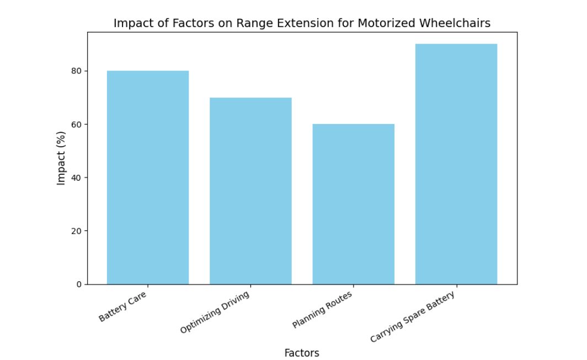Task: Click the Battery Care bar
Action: click(147, 178)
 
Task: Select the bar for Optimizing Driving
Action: click(250, 191)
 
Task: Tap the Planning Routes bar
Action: click(353, 204)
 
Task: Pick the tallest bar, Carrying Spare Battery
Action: click(456, 164)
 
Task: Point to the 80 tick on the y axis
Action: click(76, 71)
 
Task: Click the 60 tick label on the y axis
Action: click(76, 125)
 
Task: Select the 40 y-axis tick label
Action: click(76, 178)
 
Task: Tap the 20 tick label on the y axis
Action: click(76, 231)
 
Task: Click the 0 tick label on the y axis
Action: click(78, 284)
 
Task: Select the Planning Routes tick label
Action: click(322, 310)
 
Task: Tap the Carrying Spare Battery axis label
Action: click(412, 317)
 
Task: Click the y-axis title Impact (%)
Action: click(61, 158)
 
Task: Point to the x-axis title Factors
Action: click(302, 353)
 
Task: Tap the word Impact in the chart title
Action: click(131, 23)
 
